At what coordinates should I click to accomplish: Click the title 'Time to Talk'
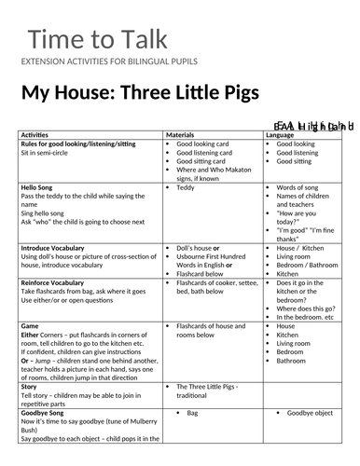tap(97, 40)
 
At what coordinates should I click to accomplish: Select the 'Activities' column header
tap(40, 135)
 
